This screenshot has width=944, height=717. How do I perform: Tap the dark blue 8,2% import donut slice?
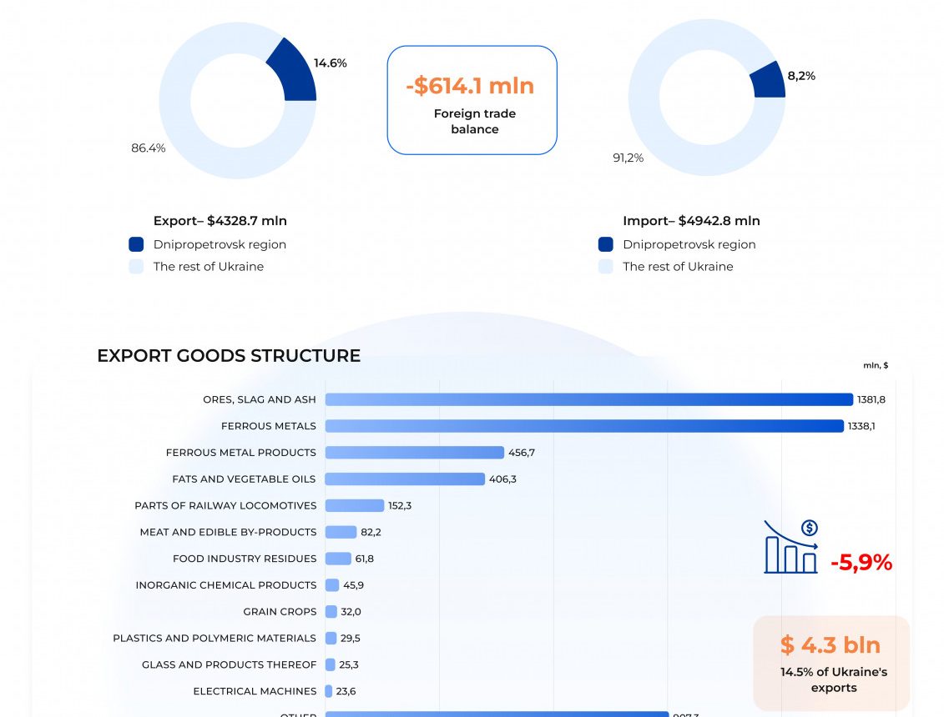click(x=768, y=81)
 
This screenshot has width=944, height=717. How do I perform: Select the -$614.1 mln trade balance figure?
click(x=471, y=86)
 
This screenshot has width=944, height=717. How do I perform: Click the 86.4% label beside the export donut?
click(x=149, y=148)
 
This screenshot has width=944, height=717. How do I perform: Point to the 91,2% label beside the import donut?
click(x=628, y=158)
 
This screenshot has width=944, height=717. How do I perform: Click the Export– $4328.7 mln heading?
click(x=220, y=221)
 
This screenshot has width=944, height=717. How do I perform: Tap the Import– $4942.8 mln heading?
click(x=691, y=221)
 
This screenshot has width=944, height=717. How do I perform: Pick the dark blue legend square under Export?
click(x=136, y=244)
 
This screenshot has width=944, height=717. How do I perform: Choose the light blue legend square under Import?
click(x=606, y=267)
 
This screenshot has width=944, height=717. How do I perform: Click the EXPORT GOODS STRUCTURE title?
click(x=229, y=356)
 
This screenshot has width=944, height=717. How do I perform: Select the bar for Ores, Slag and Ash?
click(x=588, y=399)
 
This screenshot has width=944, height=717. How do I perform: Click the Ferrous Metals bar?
click(x=584, y=426)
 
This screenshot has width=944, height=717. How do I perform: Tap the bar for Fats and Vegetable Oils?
click(x=405, y=479)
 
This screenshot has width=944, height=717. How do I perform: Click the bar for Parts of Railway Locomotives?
click(x=355, y=505)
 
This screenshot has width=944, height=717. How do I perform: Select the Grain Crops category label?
click(x=280, y=612)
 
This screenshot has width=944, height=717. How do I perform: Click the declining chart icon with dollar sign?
click(x=791, y=547)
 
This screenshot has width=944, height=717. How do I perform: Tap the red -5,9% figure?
click(x=861, y=563)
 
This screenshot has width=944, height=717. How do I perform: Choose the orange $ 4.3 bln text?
click(x=830, y=644)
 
